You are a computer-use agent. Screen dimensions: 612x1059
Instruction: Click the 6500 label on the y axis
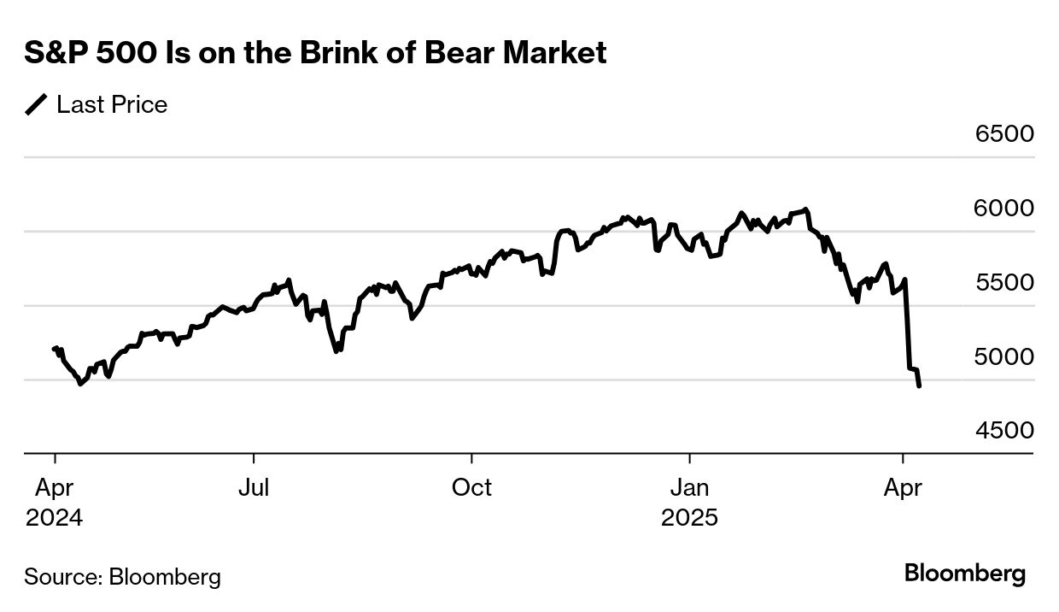pyautogui.click(x=1004, y=134)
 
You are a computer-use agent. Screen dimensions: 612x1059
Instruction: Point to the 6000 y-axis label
pyautogui.click(x=1004, y=209)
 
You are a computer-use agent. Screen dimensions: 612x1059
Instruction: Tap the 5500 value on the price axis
pyautogui.click(x=1004, y=282)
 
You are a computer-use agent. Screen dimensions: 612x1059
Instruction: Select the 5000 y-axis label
pyautogui.click(x=1004, y=356)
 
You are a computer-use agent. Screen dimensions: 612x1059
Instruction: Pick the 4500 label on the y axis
pyautogui.click(x=1004, y=430)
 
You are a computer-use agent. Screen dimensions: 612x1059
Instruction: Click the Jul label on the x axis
pyautogui.click(x=254, y=488)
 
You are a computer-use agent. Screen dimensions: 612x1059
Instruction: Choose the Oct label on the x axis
pyautogui.click(x=471, y=488)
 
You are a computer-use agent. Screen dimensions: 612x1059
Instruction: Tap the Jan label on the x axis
pyautogui.click(x=689, y=488)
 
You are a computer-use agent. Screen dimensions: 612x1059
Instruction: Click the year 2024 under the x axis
pyautogui.click(x=55, y=518)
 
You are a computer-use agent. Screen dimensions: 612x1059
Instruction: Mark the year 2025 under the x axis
pyautogui.click(x=690, y=518)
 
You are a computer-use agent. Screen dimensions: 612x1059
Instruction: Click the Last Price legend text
pyautogui.click(x=112, y=105)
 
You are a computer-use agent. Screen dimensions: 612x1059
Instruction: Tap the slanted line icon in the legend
pyautogui.click(x=37, y=105)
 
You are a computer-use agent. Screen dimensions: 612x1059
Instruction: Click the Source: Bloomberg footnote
pyautogui.click(x=122, y=577)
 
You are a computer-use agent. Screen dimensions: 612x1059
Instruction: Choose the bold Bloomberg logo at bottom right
pyautogui.click(x=965, y=574)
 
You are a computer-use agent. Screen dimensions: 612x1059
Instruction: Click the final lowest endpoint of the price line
pyautogui.click(x=919, y=387)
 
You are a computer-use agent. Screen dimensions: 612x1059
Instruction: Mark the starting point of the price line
pyautogui.click(x=54, y=348)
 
